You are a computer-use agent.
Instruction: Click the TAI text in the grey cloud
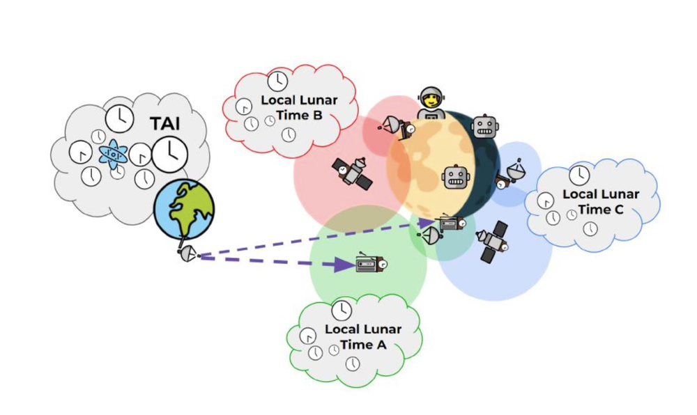tap(166, 123)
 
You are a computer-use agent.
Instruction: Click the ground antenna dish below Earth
tap(187, 255)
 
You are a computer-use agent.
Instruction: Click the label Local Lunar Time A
tap(362, 337)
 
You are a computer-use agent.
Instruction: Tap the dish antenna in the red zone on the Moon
tap(395, 127)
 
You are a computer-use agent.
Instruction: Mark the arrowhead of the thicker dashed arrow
tap(344, 265)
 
